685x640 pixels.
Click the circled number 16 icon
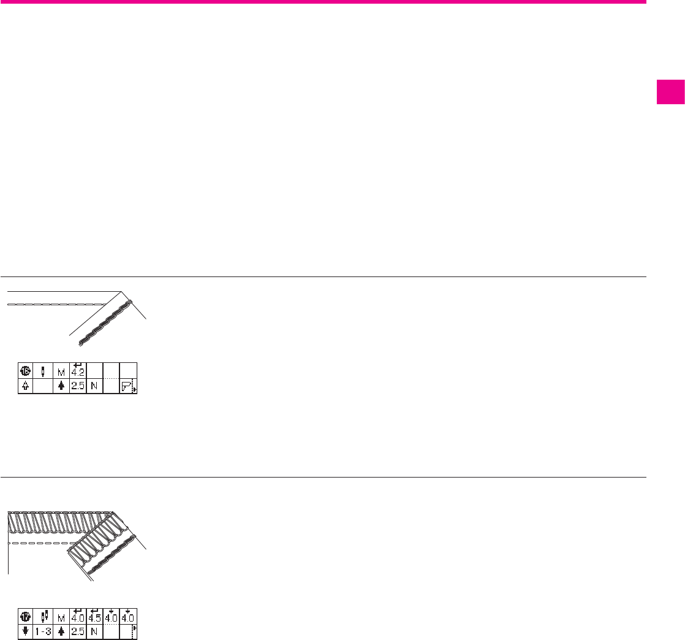click(26, 370)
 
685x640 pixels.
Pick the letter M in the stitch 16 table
click(61, 371)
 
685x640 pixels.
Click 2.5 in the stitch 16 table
click(78, 387)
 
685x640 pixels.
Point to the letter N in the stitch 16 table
click(94, 387)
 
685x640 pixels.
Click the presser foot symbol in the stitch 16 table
click(127, 387)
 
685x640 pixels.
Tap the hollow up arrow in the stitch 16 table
click(26, 387)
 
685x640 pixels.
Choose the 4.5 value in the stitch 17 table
click(94, 615)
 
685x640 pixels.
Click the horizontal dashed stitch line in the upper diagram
click(55, 304)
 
